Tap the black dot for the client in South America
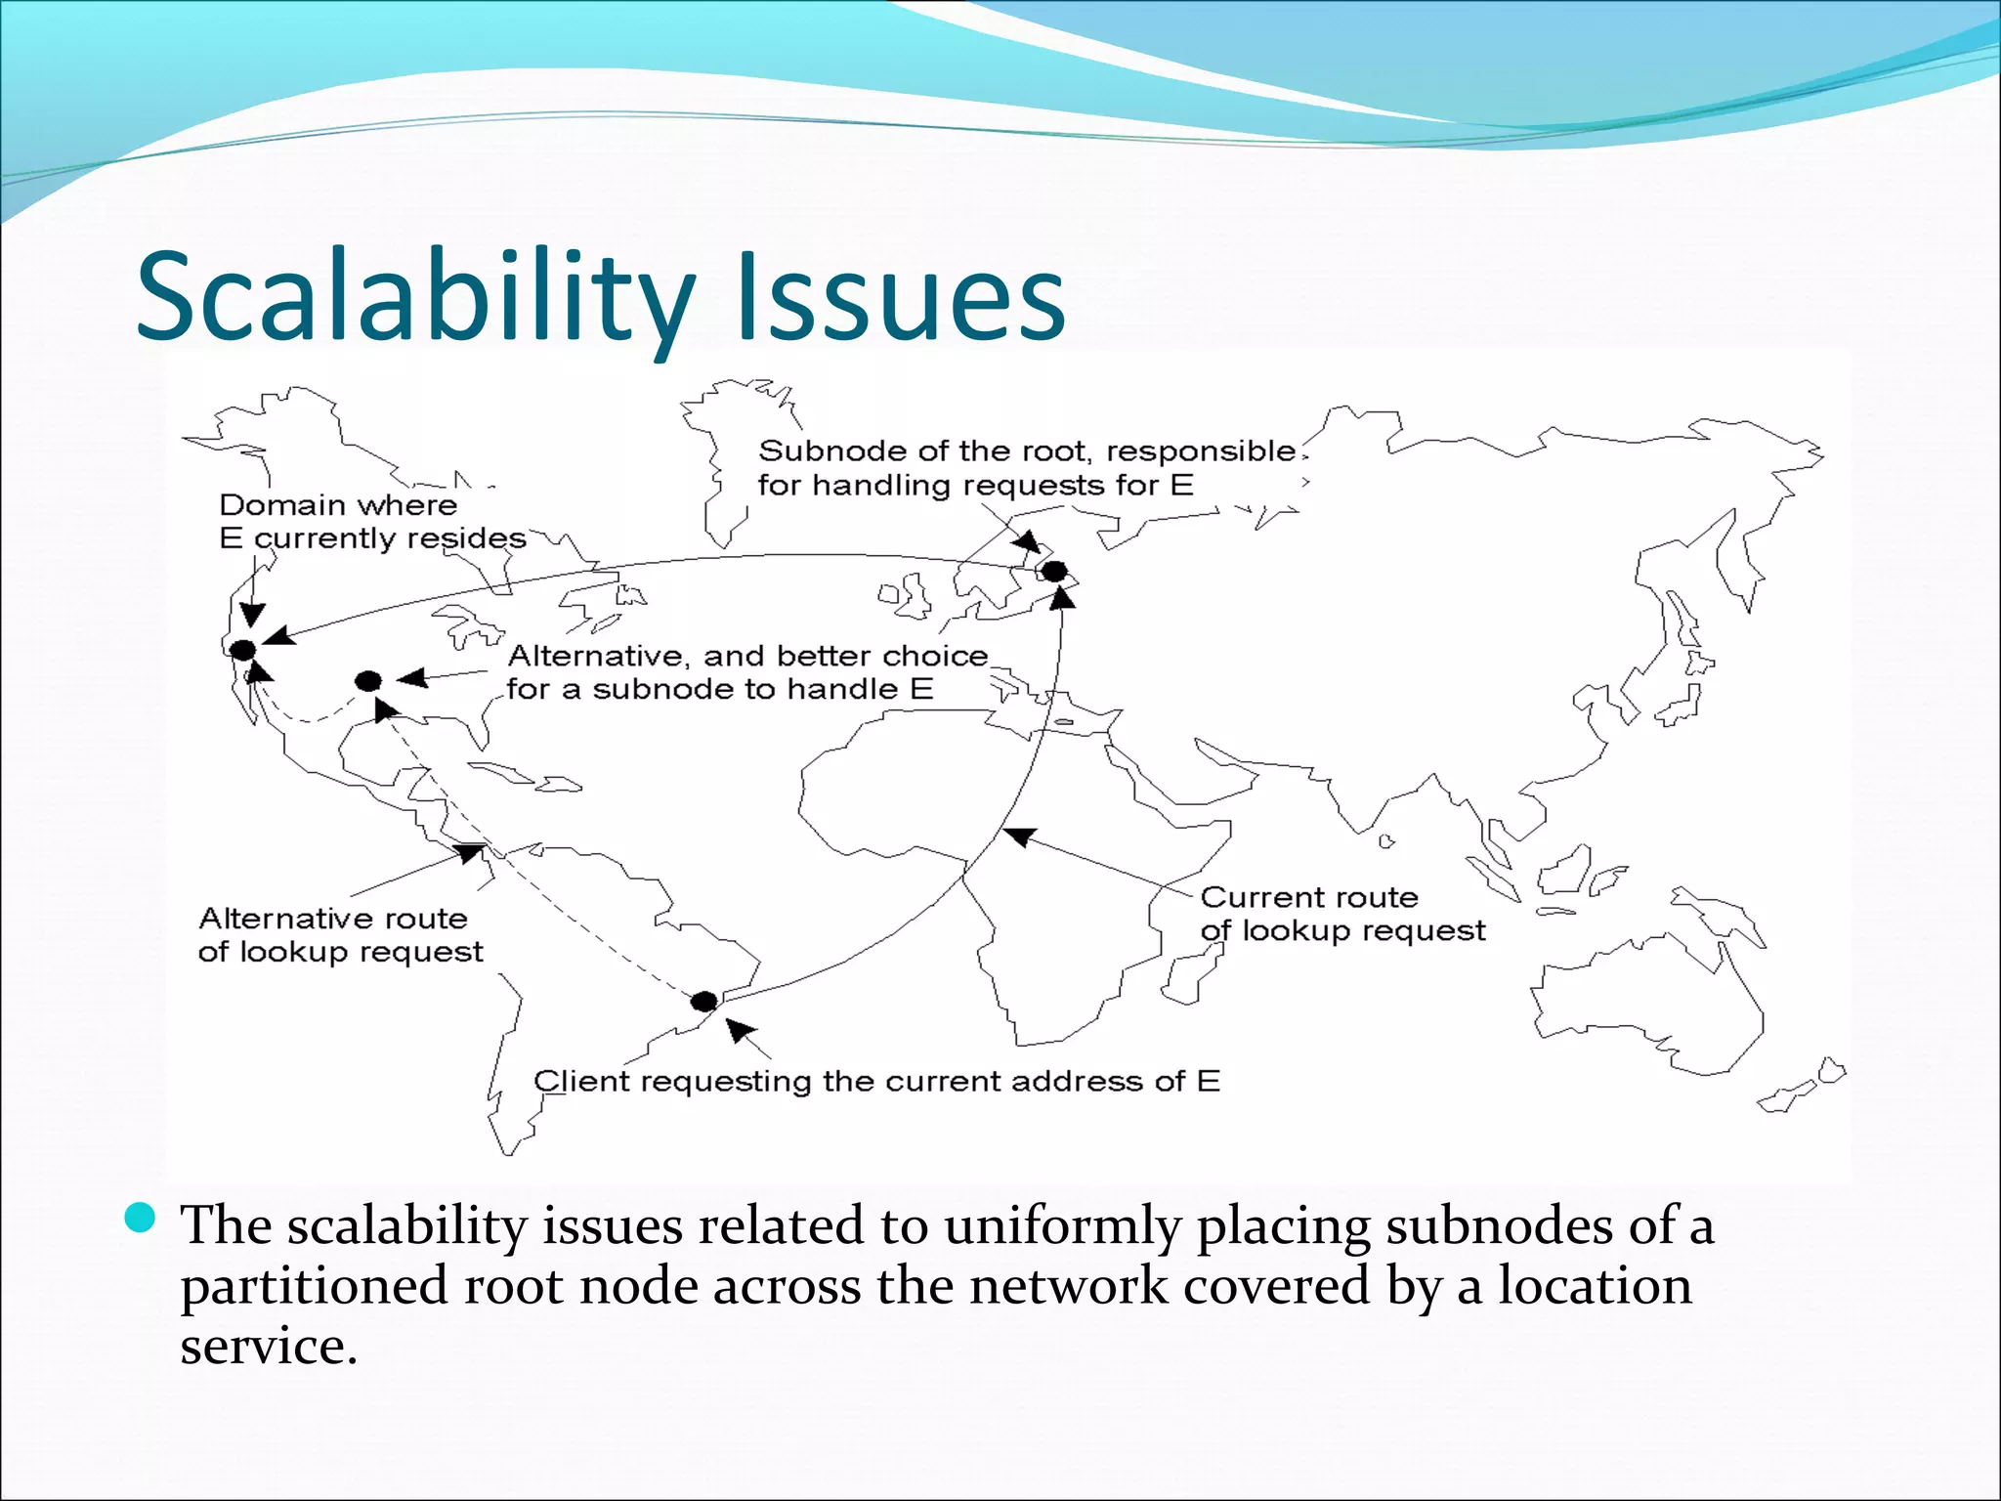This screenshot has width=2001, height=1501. click(703, 1002)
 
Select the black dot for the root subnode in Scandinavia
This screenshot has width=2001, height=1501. click(1054, 571)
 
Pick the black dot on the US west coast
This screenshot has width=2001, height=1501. click(242, 650)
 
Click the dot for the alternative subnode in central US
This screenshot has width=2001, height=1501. click(368, 681)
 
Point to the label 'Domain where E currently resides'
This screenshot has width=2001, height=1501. click(371, 522)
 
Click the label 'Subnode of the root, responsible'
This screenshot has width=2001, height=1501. click(1026, 451)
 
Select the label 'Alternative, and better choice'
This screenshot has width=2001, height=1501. click(747, 656)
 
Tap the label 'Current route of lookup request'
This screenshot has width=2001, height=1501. click(1341, 914)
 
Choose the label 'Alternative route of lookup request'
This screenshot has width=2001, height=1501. click(340, 935)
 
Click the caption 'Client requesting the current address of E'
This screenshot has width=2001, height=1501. click(876, 1082)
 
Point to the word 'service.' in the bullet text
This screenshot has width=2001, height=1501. click(269, 1347)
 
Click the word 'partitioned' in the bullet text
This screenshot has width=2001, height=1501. click(314, 1287)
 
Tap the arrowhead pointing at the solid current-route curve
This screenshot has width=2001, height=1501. click(1020, 836)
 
